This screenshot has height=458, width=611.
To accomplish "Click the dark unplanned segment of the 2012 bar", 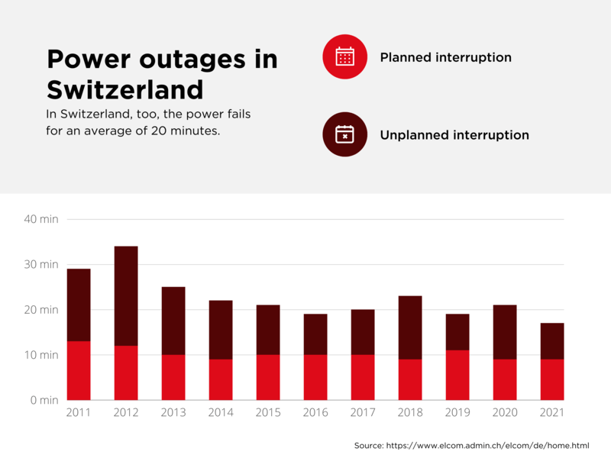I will (x=126, y=296).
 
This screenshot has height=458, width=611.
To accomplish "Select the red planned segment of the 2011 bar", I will (x=79, y=370).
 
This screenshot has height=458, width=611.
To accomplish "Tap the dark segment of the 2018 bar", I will (x=410, y=327).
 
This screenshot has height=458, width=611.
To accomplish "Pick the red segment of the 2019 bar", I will (x=457, y=375).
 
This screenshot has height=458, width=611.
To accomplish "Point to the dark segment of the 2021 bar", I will (x=552, y=341).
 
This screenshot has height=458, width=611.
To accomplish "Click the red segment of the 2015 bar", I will (x=268, y=377).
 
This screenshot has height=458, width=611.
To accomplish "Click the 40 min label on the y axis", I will (x=40, y=219).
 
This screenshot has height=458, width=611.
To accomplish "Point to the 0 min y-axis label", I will (x=43, y=400).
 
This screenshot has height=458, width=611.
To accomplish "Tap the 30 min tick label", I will (x=40, y=264).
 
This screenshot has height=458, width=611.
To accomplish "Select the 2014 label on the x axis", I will (x=221, y=413).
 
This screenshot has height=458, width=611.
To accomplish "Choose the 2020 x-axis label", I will (x=505, y=413).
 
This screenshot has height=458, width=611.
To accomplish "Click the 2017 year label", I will (x=363, y=413).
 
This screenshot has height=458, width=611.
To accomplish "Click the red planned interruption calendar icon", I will (x=345, y=56).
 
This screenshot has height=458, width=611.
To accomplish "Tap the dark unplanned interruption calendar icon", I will (x=345, y=134).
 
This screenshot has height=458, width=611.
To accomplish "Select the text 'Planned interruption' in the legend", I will (x=445, y=57).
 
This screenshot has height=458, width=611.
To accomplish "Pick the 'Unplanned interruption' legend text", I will (x=454, y=135).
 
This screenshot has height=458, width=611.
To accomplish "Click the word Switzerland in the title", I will (x=125, y=90).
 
